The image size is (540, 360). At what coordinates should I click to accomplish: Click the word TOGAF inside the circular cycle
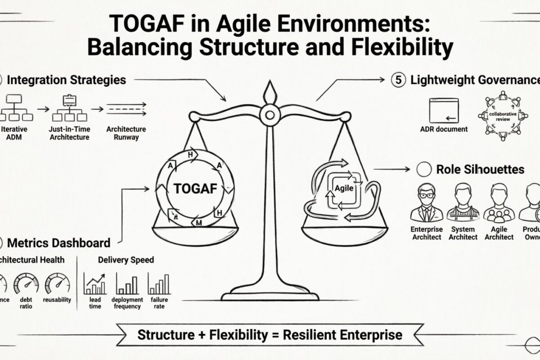(195, 189)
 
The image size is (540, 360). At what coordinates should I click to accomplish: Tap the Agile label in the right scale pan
(343, 189)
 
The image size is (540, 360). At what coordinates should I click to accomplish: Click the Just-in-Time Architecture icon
(69, 108)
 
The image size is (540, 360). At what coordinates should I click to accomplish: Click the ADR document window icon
(444, 111)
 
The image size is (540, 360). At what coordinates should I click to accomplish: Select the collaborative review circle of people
(503, 115)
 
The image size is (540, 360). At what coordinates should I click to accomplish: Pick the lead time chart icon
(95, 283)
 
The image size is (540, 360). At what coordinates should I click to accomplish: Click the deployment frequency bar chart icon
(127, 284)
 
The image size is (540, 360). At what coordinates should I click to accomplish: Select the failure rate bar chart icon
(159, 284)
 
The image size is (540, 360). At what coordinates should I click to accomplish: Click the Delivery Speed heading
(126, 260)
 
